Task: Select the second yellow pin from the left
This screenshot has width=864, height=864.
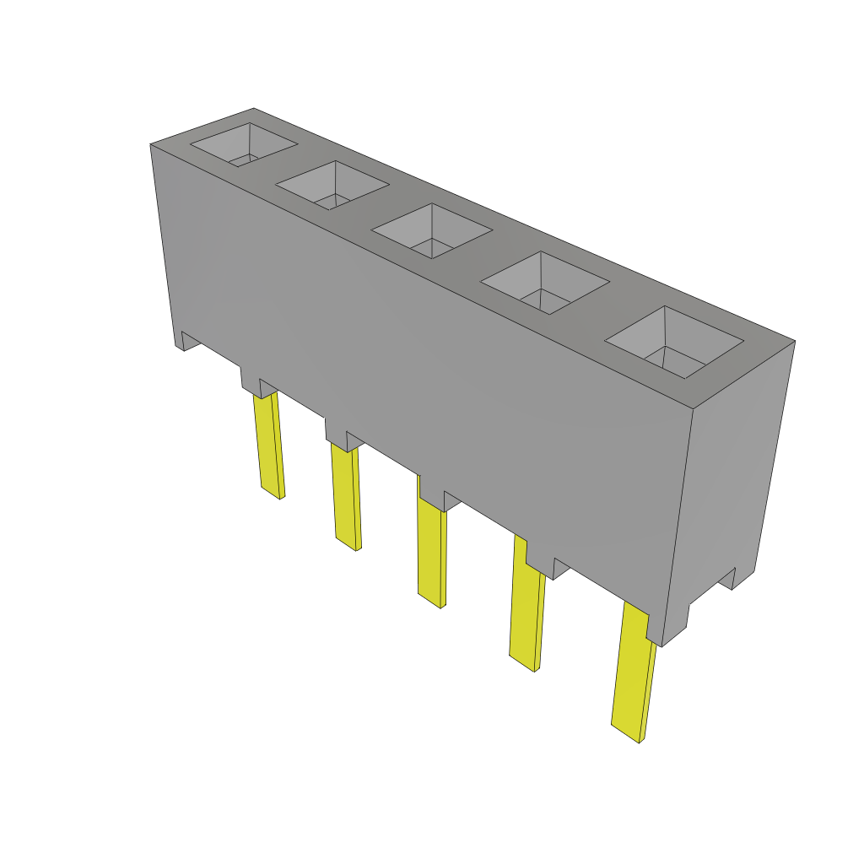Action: [x=347, y=498]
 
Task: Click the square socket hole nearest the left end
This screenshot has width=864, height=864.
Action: [x=243, y=144]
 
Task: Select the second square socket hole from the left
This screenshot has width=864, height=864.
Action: [x=332, y=186]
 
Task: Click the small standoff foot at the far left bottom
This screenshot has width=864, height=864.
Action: [x=186, y=340]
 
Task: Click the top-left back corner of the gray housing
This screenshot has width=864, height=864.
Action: [x=253, y=109]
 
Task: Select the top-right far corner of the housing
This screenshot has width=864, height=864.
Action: [x=794, y=341]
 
